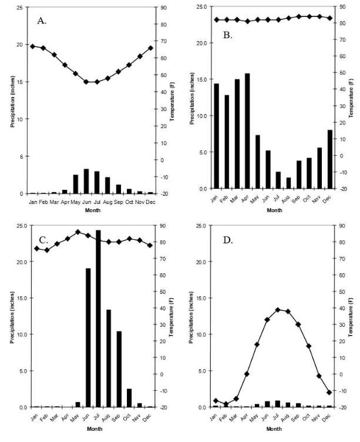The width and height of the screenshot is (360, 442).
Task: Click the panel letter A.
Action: point(42,21)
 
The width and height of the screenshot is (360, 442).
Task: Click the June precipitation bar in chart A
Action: point(86,181)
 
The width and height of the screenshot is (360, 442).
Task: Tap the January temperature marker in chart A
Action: point(32,46)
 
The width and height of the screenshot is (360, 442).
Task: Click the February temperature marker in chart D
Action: point(226,404)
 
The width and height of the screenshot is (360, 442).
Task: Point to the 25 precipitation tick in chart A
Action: point(23,8)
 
